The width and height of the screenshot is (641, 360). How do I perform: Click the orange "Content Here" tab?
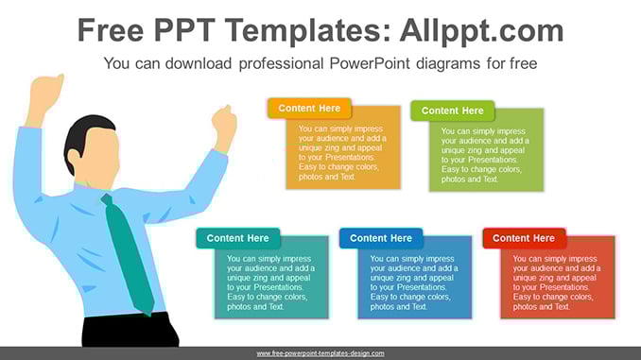pos(309,109)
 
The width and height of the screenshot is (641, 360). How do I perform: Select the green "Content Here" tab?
pos(453,111)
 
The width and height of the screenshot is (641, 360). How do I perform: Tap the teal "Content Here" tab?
pos(238,238)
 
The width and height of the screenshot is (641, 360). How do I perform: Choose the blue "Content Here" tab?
pos(381,238)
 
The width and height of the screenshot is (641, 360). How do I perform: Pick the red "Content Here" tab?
pos(524,238)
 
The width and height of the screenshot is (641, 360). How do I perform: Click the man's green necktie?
pos(129,253)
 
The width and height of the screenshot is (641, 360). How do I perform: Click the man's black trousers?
pos(130,330)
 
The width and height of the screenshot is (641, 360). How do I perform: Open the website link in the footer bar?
pos(320,353)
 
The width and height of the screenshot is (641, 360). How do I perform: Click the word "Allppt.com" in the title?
pos(481,30)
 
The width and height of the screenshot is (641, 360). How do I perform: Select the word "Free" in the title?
pos(111,30)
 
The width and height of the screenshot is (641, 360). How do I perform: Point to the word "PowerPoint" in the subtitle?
pos(370,63)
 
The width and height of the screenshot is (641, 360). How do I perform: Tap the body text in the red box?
pos(557,283)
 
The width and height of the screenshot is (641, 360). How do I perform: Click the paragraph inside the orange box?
pos(342,153)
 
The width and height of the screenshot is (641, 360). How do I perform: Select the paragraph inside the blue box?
pos(414,283)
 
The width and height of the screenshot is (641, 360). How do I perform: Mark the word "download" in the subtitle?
pos(199,63)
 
